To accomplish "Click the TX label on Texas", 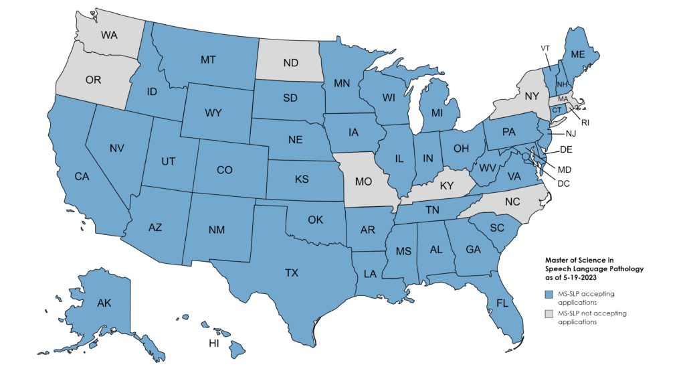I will click(x=292, y=273).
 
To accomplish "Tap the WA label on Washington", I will click(x=109, y=35).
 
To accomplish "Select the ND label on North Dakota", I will click(x=290, y=64).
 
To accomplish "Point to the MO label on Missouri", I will click(x=363, y=182).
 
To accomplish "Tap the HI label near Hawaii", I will click(x=214, y=344).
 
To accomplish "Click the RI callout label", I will click(x=585, y=123).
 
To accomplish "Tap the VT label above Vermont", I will click(x=546, y=48).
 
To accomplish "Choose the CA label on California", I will click(x=82, y=177).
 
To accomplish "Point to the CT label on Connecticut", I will click(x=557, y=110).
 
